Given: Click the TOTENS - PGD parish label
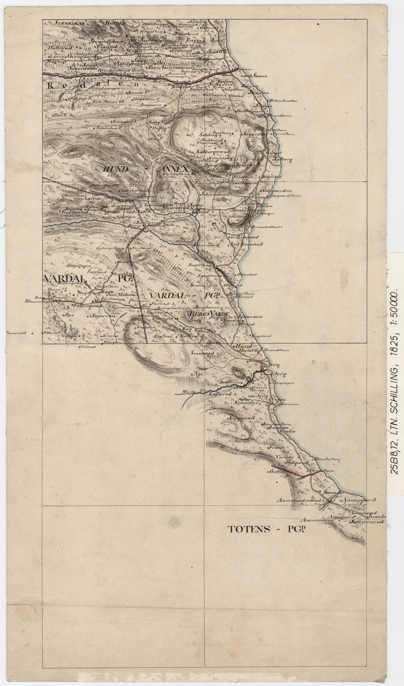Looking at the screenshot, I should [x=267, y=529].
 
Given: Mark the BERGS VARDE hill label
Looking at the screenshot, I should [x=208, y=315].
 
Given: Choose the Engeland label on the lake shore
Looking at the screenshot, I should [x=262, y=335].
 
